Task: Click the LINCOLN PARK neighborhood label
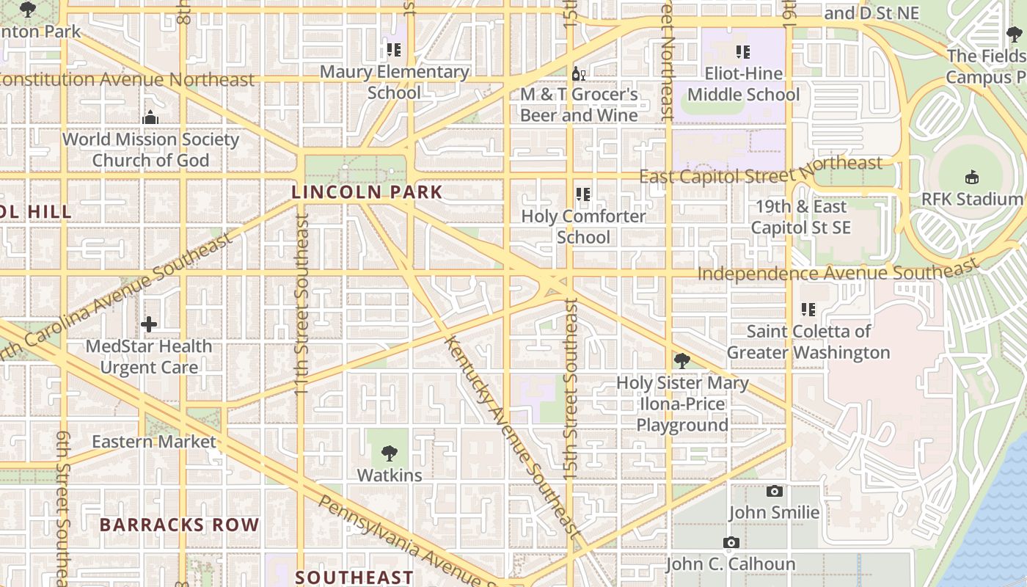click(x=367, y=192)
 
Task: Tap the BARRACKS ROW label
click(x=179, y=525)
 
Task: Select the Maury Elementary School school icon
click(x=394, y=50)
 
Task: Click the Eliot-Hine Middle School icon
click(x=743, y=52)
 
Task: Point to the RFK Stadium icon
click(x=972, y=178)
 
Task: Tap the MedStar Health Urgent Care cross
click(x=149, y=324)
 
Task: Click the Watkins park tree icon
click(x=390, y=453)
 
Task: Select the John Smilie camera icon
click(x=774, y=491)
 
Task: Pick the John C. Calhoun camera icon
click(x=731, y=543)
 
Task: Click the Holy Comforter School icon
click(x=583, y=194)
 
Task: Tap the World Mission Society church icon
click(x=150, y=117)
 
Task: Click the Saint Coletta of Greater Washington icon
click(x=808, y=310)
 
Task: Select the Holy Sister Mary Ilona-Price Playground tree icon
click(x=682, y=361)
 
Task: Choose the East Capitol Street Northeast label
click(x=761, y=171)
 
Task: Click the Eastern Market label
click(x=153, y=442)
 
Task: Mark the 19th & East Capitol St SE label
click(x=800, y=217)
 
